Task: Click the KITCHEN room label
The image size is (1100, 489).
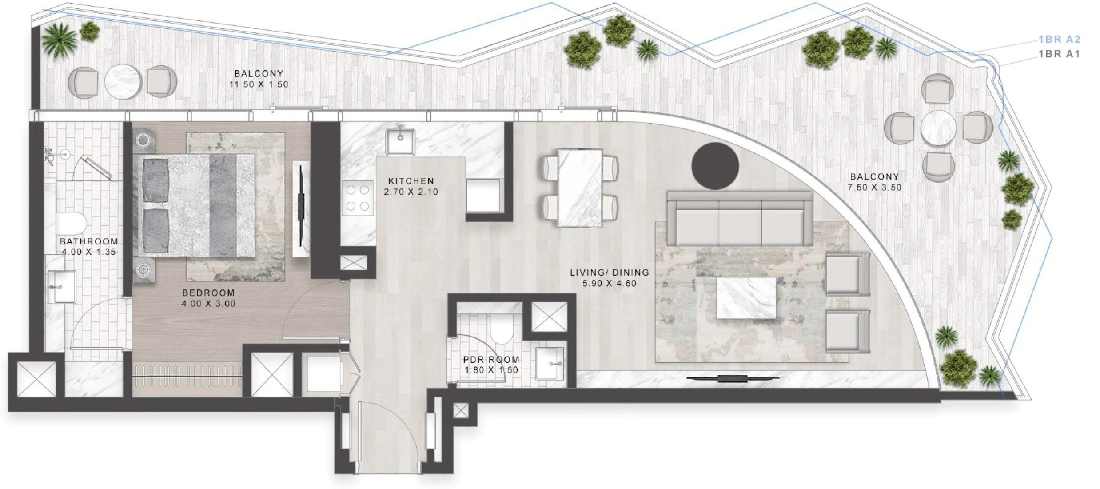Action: pos(411,181)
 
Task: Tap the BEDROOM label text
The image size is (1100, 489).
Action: pos(208,293)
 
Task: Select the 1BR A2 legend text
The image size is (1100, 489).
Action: pos(1059,40)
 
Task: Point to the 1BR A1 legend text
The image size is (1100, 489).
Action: pos(1059,54)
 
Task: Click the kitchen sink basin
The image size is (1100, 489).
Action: pos(400,141)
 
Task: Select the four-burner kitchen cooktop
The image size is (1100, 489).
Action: pos(358,198)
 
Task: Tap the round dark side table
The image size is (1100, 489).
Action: pos(715,166)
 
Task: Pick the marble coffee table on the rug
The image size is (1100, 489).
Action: pos(746,297)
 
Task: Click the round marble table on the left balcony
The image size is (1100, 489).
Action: pos(123,82)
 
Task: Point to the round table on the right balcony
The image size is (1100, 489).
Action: pos(938,128)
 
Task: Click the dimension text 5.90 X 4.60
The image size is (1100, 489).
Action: pos(610,283)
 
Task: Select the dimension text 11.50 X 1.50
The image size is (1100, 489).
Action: pos(259,84)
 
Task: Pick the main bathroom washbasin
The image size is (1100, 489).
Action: pos(61,287)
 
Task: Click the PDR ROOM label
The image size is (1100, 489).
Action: pos(491,360)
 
